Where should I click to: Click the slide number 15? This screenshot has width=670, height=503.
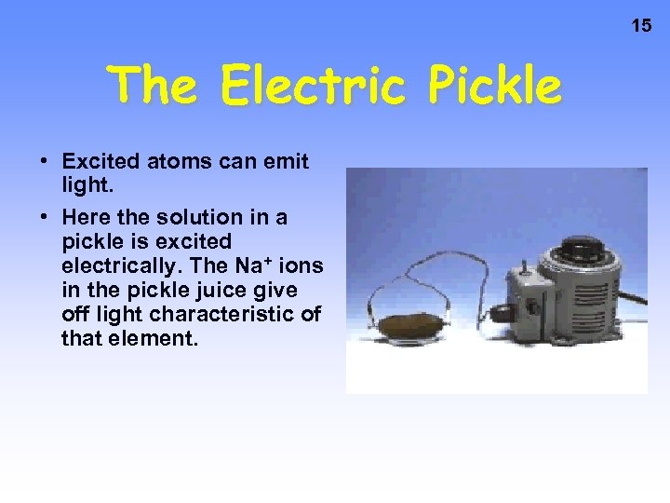pyautogui.click(x=642, y=25)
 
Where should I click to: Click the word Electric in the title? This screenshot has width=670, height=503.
pyautogui.click(x=312, y=87)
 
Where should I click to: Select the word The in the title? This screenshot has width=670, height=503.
pyautogui.click(x=150, y=87)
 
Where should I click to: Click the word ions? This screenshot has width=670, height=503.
pyautogui.click(x=303, y=265)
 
